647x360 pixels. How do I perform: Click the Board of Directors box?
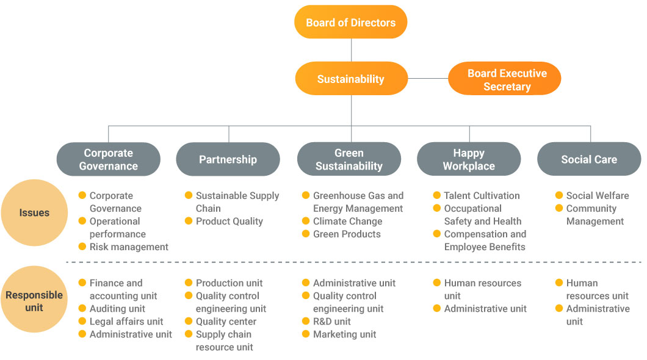click(351, 22)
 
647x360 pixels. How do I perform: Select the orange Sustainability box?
click(351, 78)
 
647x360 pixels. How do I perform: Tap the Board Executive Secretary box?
click(504, 78)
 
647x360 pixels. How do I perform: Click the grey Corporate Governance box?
click(109, 159)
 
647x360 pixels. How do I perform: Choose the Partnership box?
click(228, 159)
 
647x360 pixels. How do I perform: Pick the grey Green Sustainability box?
click(349, 159)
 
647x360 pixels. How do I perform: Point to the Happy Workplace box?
click(469, 159)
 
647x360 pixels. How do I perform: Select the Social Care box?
click(589, 159)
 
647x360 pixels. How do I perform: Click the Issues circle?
click(34, 213)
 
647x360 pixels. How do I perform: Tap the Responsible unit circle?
click(34, 300)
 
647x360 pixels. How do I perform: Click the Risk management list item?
click(129, 247)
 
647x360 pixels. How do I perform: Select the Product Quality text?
click(229, 221)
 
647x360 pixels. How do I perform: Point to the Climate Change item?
click(347, 221)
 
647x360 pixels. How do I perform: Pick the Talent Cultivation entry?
click(482, 195)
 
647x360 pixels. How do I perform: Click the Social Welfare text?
click(598, 195)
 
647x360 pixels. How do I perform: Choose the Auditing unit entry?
click(117, 309)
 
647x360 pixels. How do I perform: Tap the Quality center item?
click(226, 321)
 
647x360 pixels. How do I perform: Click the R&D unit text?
click(332, 321)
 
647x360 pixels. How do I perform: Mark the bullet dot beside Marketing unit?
click(306, 334)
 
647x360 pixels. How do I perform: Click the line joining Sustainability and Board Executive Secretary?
click(428, 78)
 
